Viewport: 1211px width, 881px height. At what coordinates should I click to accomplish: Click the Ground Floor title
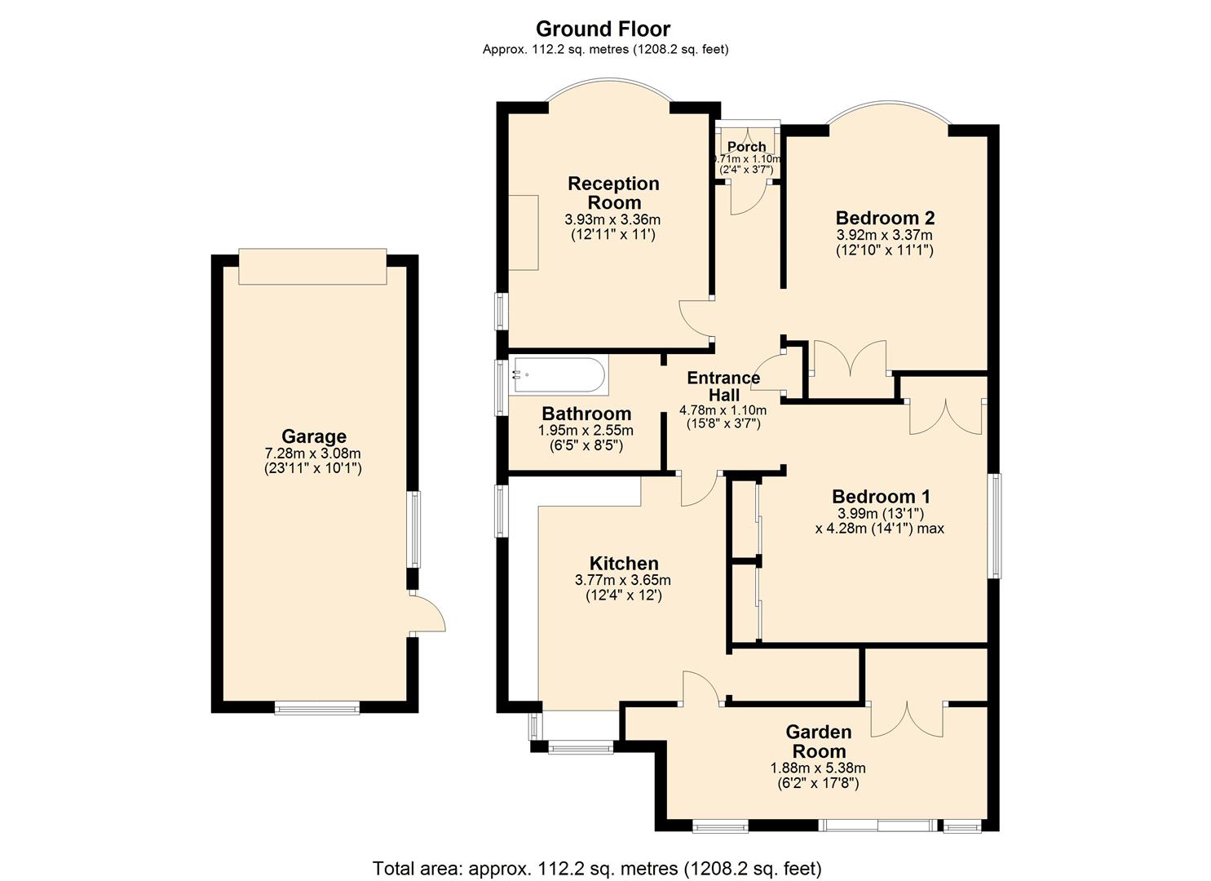pyautogui.click(x=603, y=29)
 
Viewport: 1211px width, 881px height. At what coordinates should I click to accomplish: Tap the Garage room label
pyautogui.click(x=314, y=436)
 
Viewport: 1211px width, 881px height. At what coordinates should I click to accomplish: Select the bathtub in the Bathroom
pyautogui.click(x=558, y=377)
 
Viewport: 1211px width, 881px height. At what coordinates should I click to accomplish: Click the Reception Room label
pyautogui.click(x=613, y=193)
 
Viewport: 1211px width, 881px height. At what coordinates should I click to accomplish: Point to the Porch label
pyautogui.click(x=746, y=147)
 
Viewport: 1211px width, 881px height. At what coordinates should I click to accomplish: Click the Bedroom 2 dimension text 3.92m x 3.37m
pyautogui.click(x=884, y=235)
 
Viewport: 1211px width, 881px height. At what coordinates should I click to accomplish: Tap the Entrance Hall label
pyautogui.click(x=723, y=387)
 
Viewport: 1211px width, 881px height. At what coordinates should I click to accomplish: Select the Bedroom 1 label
pyautogui.click(x=881, y=496)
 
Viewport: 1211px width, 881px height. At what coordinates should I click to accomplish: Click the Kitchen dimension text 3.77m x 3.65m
pyautogui.click(x=623, y=580)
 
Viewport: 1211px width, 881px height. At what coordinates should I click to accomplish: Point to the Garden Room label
pyautogui.click(x=819, y=742)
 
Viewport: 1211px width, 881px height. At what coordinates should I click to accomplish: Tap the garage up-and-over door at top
pyautogui.click(x=312, y=267)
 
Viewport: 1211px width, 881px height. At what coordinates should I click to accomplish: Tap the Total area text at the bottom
pyautogui.click(x=597, y=867)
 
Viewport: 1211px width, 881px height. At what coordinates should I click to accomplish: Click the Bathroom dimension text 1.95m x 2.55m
pyautogui.click(x=586, y=431)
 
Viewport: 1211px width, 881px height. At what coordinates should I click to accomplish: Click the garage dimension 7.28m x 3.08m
pyautogui.click(x=313, y=454)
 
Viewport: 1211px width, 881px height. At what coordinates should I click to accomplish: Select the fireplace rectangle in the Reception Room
pyautogui.click(x=524, y=232)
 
